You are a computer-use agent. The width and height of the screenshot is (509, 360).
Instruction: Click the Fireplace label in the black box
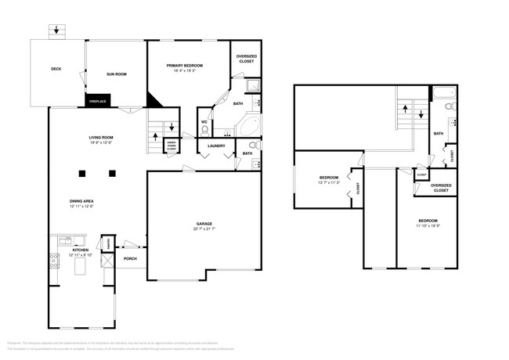pos(98,101)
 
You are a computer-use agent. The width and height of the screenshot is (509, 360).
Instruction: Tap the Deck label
pos(56,69)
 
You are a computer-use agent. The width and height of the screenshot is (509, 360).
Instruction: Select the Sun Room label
pos(117,74)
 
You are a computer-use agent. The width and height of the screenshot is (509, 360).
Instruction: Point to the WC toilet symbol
pos(204,131)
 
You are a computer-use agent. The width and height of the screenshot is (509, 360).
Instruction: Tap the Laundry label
pos(217,146)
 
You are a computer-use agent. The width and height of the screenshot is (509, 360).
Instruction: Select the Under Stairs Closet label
pos(170,145)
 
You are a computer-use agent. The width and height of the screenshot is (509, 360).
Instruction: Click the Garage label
pos(205,224)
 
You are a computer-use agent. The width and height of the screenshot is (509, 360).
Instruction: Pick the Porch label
pos(130,258)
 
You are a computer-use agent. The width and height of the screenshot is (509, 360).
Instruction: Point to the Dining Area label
pos(82,201)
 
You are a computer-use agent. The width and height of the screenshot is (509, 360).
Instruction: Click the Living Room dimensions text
pos(101,142)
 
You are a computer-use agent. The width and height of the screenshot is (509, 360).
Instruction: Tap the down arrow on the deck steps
pos(55,31)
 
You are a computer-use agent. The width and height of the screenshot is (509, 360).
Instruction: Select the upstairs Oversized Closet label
pos(441,189)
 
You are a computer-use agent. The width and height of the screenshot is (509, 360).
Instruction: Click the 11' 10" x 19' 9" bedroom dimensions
pos(427,225)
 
